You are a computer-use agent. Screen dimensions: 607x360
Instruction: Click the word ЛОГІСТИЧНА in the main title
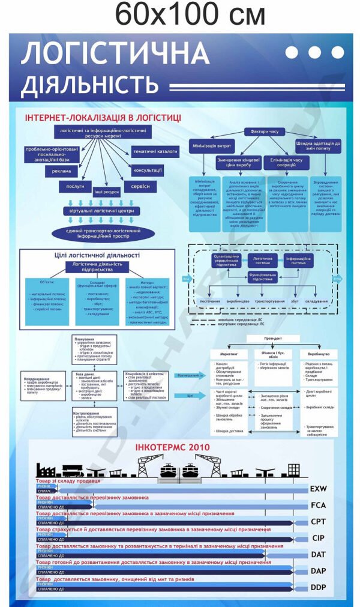[115, 55]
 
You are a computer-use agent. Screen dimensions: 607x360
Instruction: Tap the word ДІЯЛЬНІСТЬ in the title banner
[90, 86]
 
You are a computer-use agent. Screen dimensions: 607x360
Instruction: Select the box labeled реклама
[62, 171]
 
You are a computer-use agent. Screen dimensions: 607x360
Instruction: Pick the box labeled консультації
[148, 170]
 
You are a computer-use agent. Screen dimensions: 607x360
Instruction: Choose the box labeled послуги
[75, 187]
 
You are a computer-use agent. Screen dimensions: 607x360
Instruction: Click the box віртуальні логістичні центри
[102, 211]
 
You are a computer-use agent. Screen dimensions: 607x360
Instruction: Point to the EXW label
[318, 489]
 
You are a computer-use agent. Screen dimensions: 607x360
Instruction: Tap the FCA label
[318, 505]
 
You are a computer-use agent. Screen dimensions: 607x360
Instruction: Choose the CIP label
[318, 537]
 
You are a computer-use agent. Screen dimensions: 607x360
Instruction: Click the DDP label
[318, 587]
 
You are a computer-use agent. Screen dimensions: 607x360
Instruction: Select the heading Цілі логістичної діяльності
[97, 255]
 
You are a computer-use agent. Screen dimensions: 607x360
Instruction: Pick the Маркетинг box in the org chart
[225, 354]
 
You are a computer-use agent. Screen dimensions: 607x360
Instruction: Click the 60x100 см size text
[190, 14]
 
